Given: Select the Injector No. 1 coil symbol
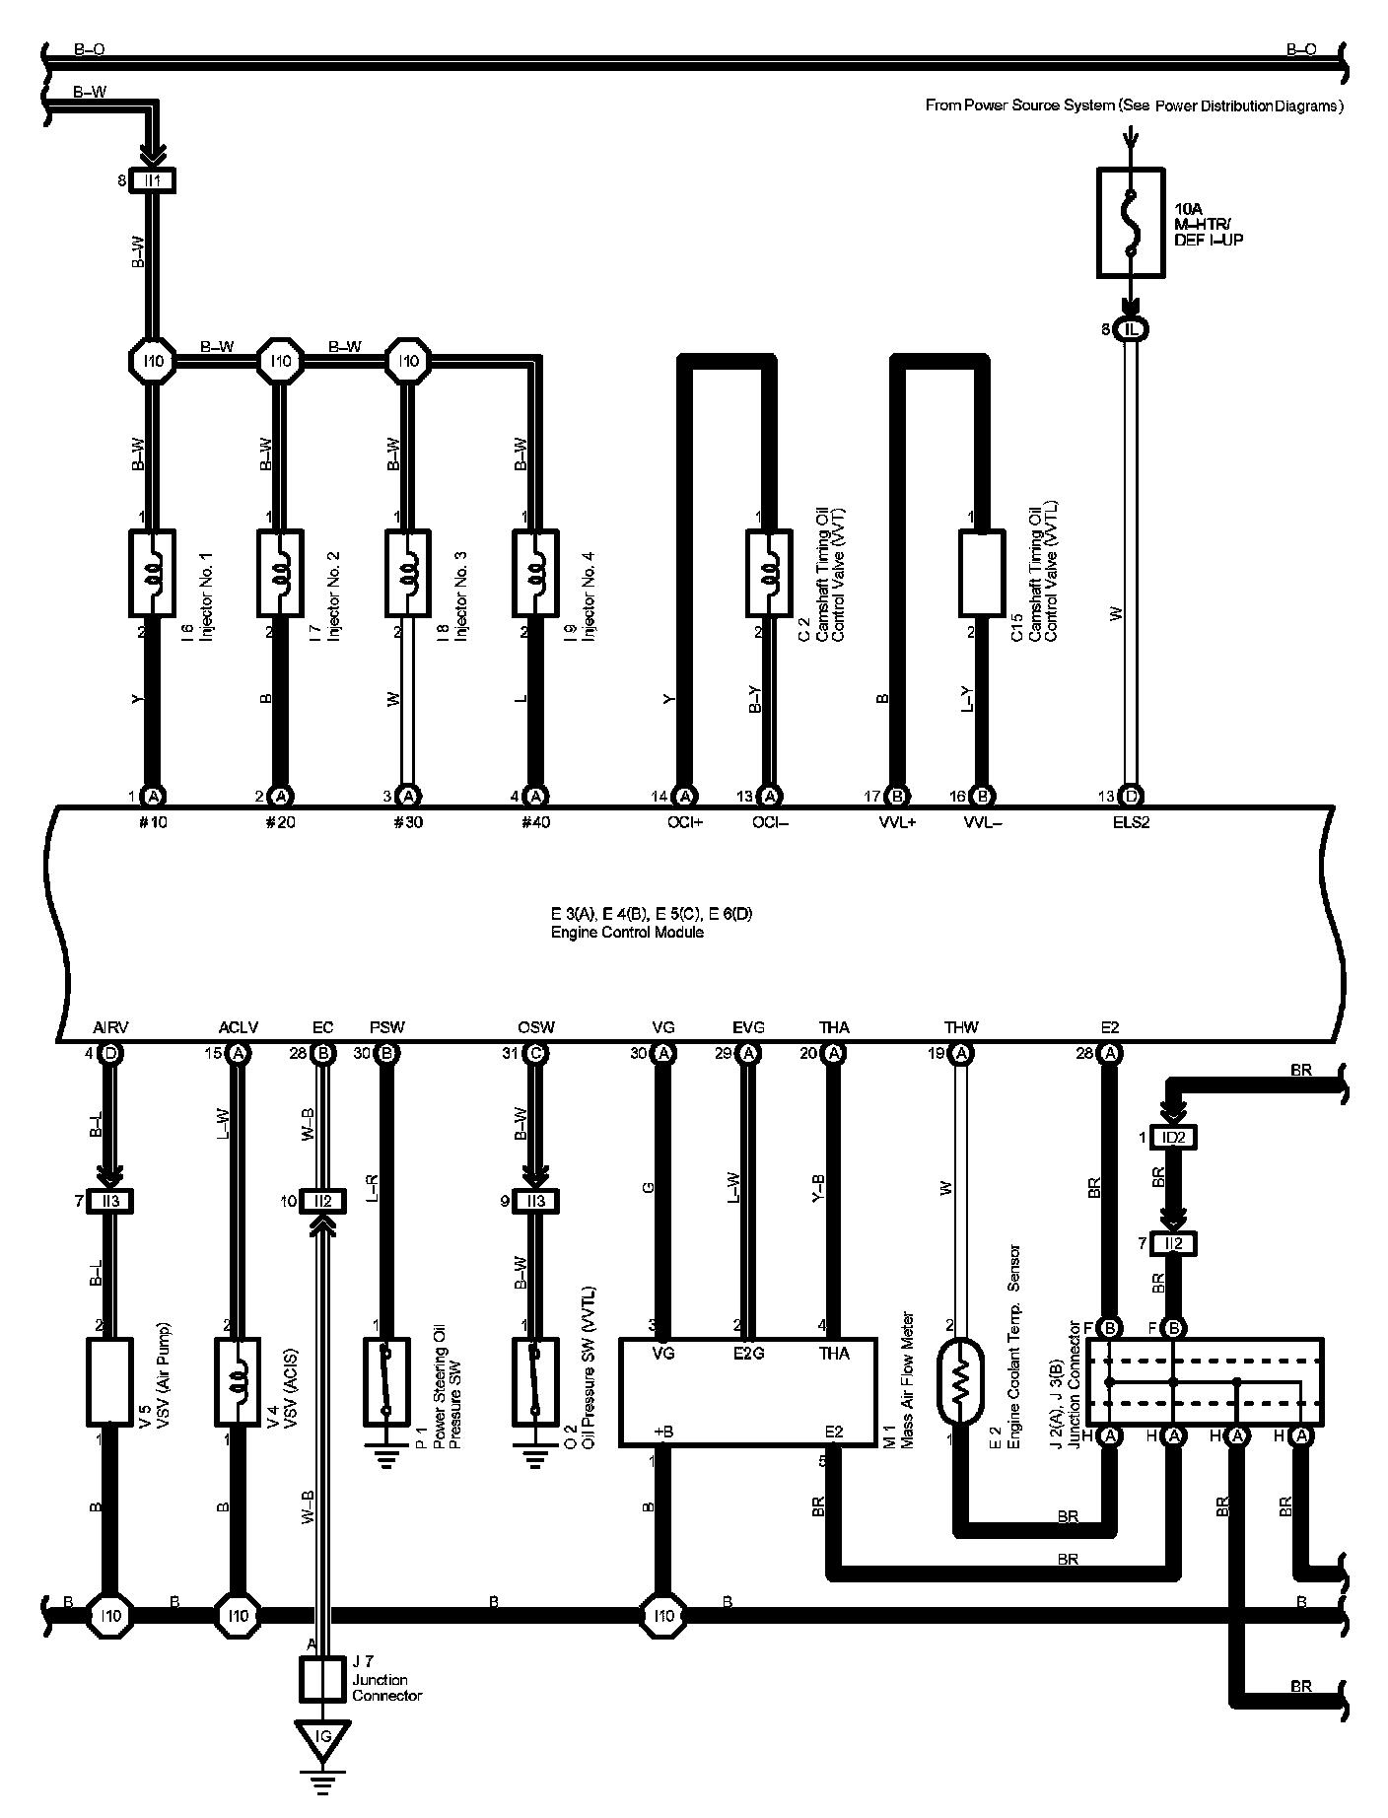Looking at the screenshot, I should click(153, 573).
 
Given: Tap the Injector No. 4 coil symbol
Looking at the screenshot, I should click(535, 573).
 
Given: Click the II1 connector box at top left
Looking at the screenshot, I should click(153, 180).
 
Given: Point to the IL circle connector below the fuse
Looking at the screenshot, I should click(1131, 329).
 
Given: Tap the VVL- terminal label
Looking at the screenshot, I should click(982, 821).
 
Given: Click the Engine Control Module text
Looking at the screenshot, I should click(627, 932).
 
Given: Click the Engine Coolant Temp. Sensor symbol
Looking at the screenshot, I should click(962, 1380).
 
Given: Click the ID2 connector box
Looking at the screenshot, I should click(1173, 1137).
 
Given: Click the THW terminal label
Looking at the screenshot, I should click(961, 1027).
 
